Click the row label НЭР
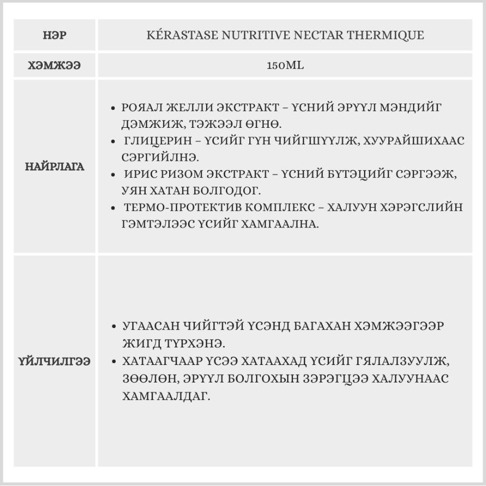pos(54,35)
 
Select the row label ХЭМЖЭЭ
pos(54,66)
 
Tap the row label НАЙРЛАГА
pos(54,167)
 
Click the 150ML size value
pos(285,66)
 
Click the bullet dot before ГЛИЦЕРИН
pos(113,141)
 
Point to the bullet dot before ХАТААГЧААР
pos(113,362)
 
